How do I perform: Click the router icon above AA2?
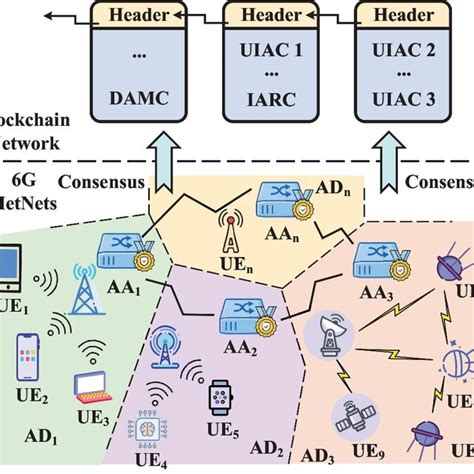(x=241, y=311)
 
